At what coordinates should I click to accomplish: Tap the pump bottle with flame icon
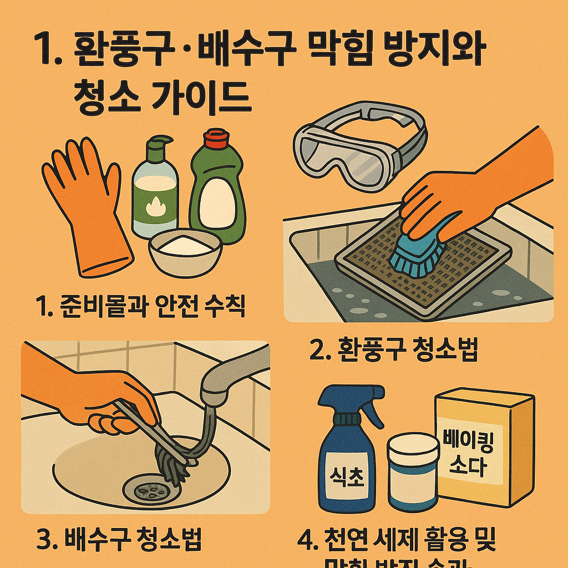point(155,189)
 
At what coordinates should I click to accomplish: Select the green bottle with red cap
point(217,191)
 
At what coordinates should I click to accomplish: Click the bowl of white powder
point(185,252)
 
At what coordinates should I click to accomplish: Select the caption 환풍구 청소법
point(393,350)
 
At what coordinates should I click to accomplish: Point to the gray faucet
point(233,377)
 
